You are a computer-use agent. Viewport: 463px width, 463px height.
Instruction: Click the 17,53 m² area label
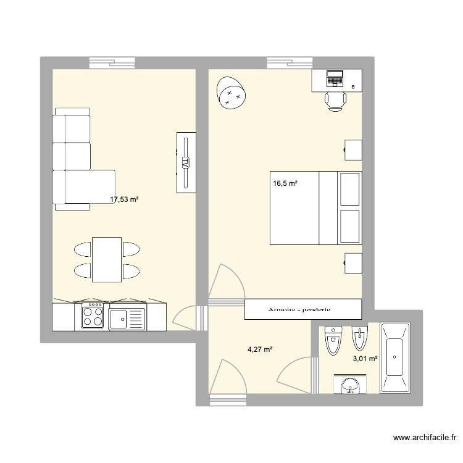tap(124, 199)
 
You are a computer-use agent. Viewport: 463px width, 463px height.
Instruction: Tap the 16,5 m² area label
tap(285, 183)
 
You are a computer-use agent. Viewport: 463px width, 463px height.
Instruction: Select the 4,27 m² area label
tap(260, 349)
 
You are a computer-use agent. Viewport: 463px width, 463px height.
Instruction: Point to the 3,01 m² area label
tap(364, 357)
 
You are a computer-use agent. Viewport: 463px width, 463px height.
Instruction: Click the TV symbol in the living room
tap(185, 162)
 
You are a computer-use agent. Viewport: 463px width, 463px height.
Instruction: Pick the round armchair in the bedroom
tap(231, 94)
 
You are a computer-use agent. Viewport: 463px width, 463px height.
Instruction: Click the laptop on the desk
tap(335, 78)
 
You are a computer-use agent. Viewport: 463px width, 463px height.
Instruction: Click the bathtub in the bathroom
tap(394, 357)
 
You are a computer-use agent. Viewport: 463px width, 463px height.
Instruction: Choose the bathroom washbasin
tap(350, 386)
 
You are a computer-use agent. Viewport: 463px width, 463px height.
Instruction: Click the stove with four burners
tap(93, 317)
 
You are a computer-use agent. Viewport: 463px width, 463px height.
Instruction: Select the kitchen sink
tap(127, 319)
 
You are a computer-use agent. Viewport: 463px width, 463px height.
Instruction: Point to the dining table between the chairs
tap(106, 259)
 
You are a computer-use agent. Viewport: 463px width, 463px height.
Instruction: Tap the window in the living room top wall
tap(112, 62)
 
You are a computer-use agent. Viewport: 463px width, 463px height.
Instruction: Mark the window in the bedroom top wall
tap(290, 62)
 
